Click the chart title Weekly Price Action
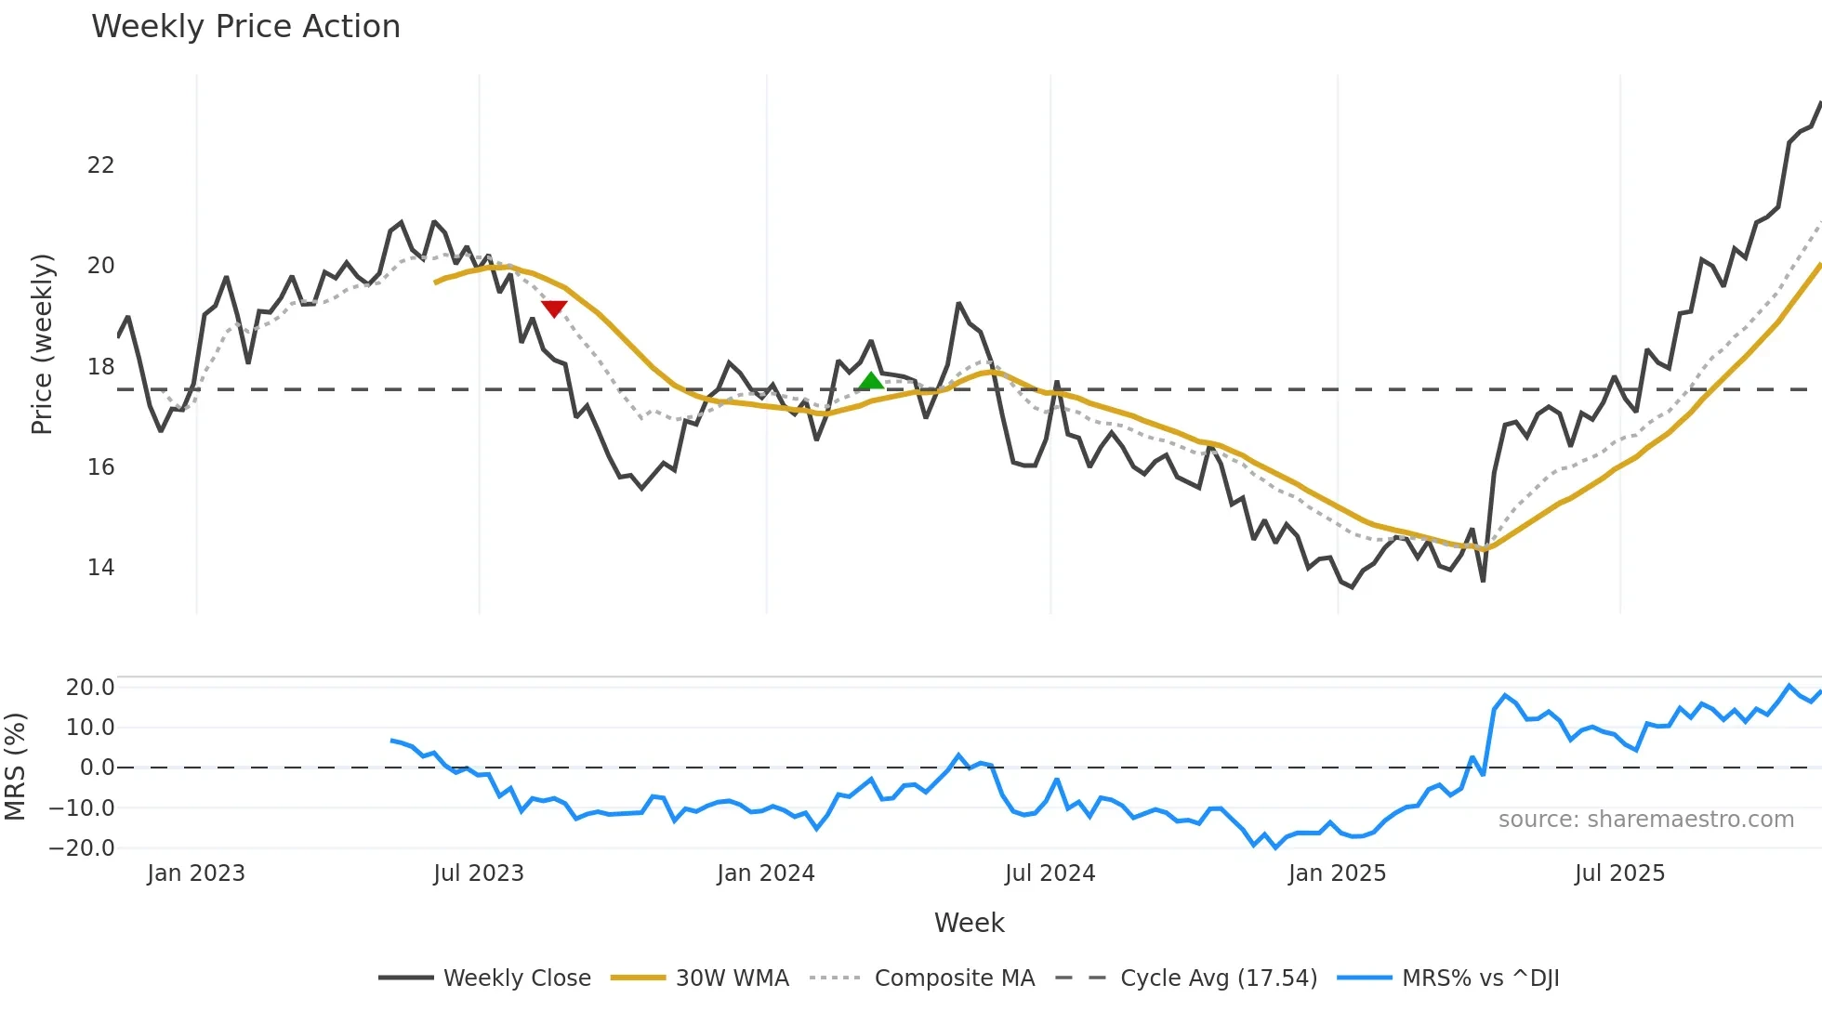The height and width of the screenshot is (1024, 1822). click(245, 26)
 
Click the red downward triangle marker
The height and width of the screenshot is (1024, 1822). click(554, 309)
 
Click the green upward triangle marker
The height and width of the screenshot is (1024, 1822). click(871, 381)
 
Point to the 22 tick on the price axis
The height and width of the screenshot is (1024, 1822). click(100, 165)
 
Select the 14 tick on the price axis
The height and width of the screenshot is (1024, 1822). click(100, 568)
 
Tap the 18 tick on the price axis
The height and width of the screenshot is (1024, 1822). click(100, 367)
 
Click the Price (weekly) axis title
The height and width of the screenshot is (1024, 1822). click(43, 344)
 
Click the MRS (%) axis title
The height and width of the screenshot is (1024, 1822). click(15, 767)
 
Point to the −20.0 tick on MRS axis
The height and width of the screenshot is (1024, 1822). click(82, 848)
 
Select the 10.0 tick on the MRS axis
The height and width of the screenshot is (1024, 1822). click(89, 728)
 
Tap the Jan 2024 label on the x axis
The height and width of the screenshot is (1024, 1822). click(765, 873)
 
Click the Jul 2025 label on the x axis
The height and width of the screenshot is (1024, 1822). click(1619, 873)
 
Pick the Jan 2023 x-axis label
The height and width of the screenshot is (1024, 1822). click(195, 873)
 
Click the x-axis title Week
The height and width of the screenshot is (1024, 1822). click(969, 923)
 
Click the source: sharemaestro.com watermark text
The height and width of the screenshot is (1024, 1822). click(1645, 820)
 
